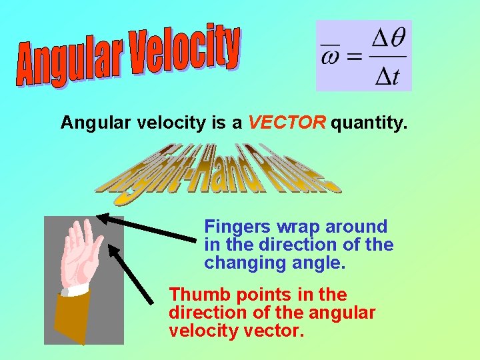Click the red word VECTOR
coord(287,123)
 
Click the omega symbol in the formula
coord(329,56)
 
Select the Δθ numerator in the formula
coord(386,40)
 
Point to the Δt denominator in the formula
coord(387,75)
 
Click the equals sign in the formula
coord(354,57)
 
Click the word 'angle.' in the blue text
coord(319,263)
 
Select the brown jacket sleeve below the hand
coord(72,317)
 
